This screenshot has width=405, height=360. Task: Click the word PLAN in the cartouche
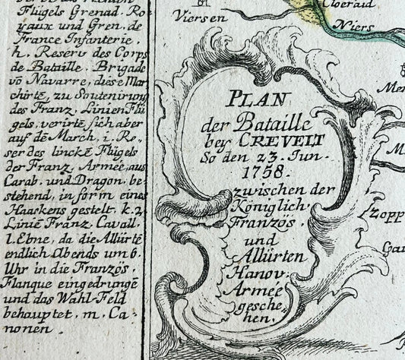coord(260,100)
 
